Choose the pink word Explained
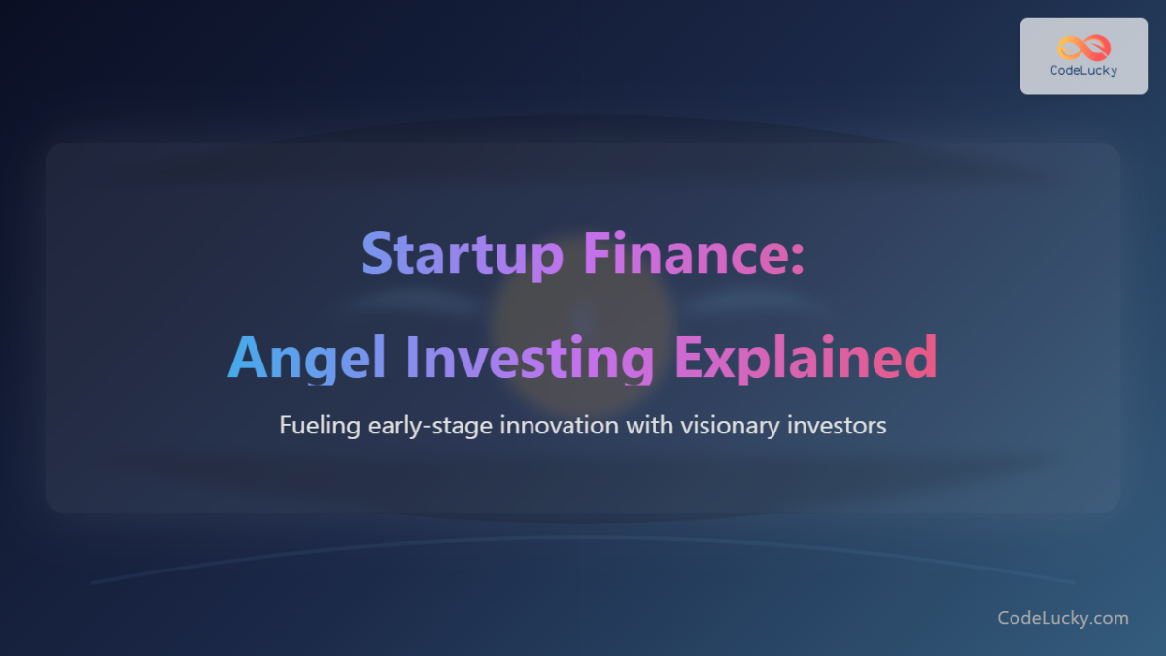pos(806,358)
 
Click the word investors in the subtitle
pos(840,426)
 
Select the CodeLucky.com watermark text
pos(1063,618)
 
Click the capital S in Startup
pos(378,255)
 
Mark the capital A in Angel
pos(247,358)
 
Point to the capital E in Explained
pos(690,358)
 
